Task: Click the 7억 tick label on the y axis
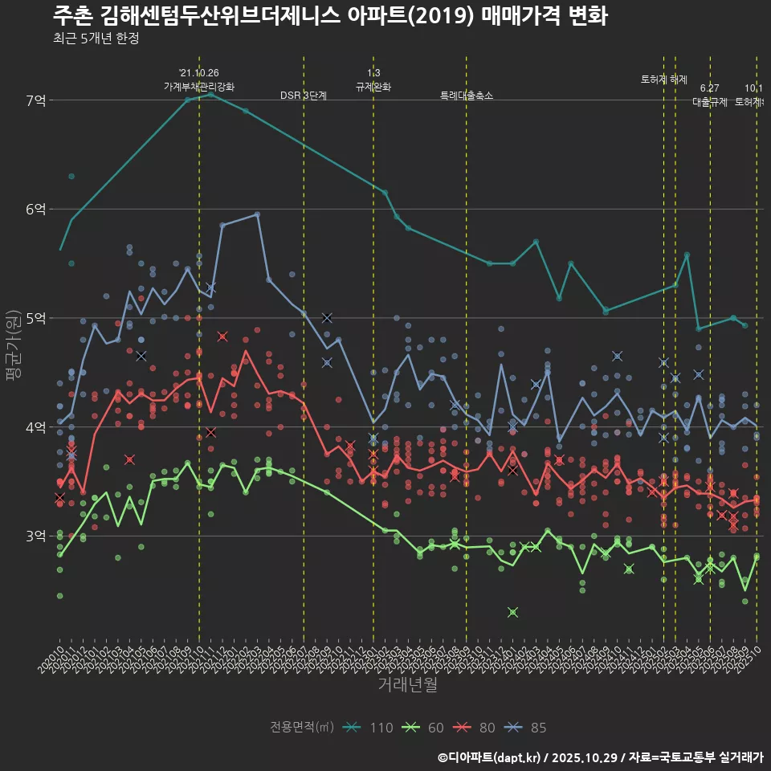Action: pyautogui.click(x=36, y=100)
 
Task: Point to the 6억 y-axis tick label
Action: pyautogui.click(x=36, y=209)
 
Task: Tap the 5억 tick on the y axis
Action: pyautogui.click(x=36, y=318)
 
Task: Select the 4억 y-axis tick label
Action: pyautogui.click(x=36, y=426)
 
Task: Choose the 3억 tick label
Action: pyautogui.click(x=36, y=536)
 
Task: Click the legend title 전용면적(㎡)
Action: pyautogui.click(x=302, y=728)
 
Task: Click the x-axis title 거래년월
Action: pyautogui.click(x=408, y=685)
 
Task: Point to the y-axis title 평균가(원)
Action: pyautogui.click(x=14, y=345)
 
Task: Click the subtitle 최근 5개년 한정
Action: pyautogui.click(x=96, y=39)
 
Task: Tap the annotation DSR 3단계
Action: pyautogui.click(x=304, y=96)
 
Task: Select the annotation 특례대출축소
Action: pyautogui.click(x=467, y=96)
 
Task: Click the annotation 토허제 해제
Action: pyautogui.click(x=664, y=80)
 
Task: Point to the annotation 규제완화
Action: pyautogui.click(x=373, y=87)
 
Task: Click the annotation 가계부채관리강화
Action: pyautogui.click(x=199, y=87)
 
